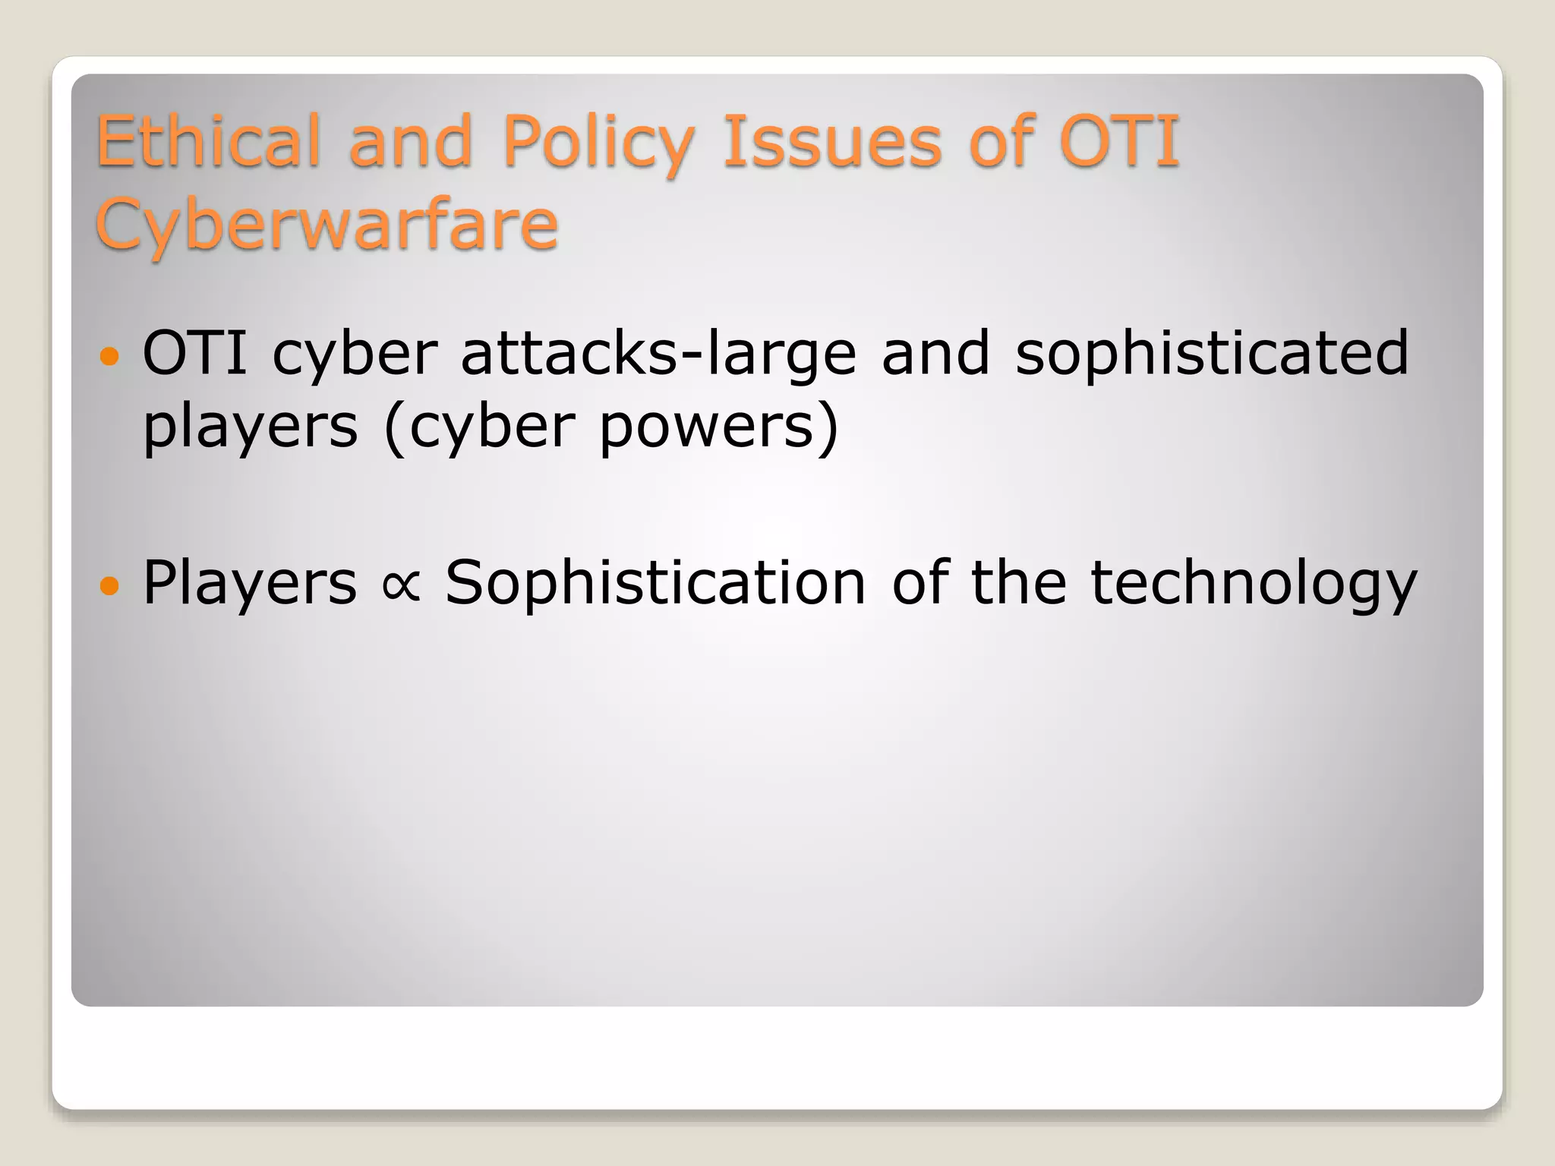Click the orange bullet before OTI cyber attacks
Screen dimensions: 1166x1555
[x=110, y=355]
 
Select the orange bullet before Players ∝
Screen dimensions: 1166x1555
[x=110, y=585]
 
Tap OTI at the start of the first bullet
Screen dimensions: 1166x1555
[x=194, y=353]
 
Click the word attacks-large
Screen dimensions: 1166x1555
[x=658, y=353]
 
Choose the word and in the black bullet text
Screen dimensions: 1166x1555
[x=935, y=353]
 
